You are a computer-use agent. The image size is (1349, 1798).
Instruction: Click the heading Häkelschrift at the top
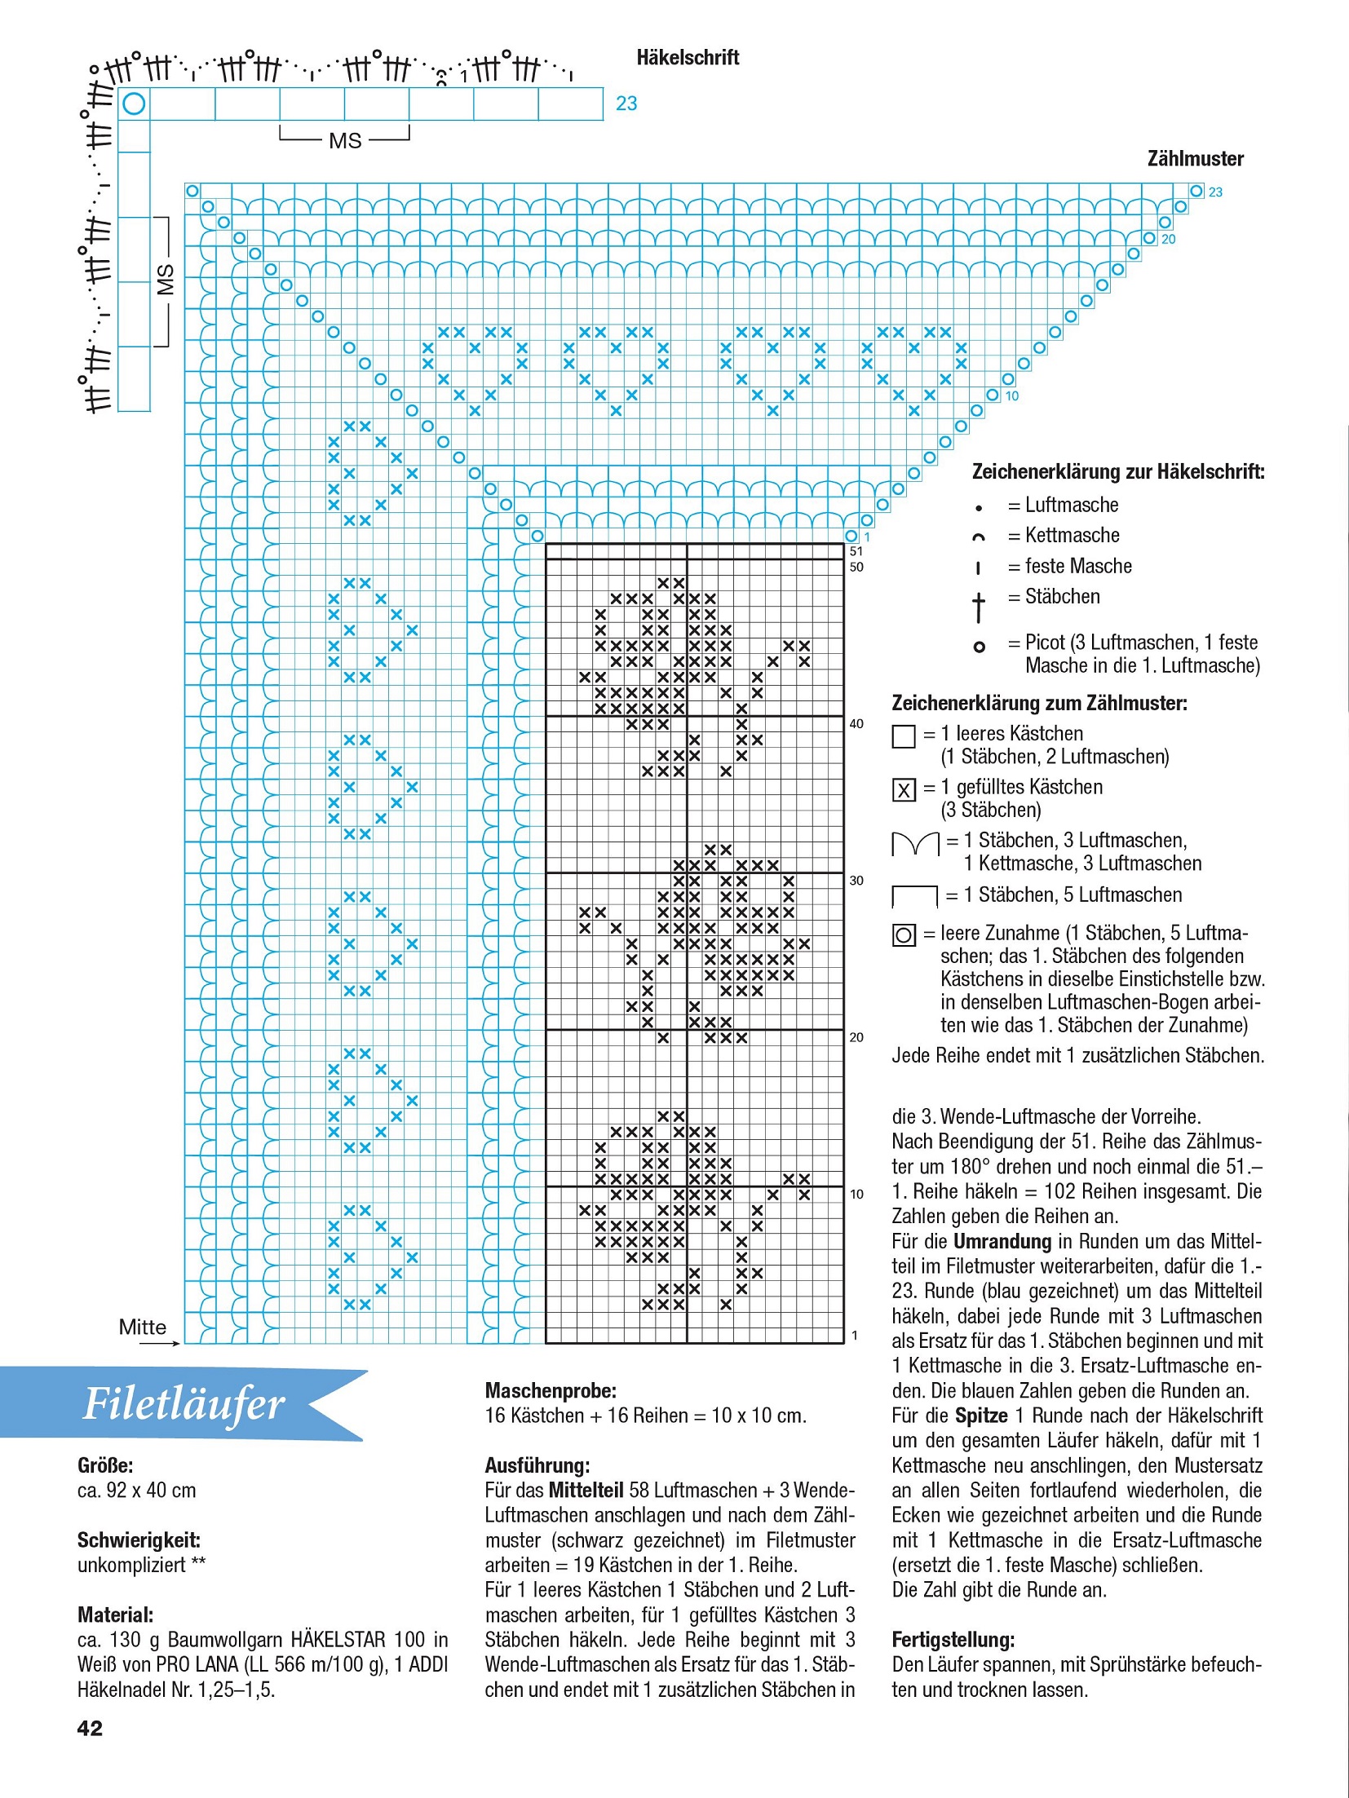pos(688,58)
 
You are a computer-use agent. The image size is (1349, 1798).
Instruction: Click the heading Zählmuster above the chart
pos(1195,159)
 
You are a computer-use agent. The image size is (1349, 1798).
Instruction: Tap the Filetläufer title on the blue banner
pos(184,1404)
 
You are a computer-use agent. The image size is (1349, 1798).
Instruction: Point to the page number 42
pos(90,1728)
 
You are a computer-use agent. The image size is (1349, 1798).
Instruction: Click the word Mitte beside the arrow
pos(143,1327)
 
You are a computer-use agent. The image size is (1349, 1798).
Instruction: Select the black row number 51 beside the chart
pos(856,551)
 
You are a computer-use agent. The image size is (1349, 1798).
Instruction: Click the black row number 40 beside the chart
pos(856,723)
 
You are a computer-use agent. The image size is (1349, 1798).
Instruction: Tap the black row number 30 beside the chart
pos(856,881)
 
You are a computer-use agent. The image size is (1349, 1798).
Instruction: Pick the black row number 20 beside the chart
pos(856,1037)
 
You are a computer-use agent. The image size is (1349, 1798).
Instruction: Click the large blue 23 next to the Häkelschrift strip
pos(626,104)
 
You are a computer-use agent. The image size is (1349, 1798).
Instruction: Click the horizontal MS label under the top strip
pos(345,141)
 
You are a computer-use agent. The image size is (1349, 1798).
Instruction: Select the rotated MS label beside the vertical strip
pos(166,280)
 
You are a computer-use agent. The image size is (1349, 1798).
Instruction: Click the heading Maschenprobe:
pos(551,1390)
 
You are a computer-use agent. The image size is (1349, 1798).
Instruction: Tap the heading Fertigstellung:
pos(953,1640)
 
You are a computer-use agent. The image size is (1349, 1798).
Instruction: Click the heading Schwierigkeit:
pos(139,1540)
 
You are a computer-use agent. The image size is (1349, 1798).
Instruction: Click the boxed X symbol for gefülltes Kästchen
pos(904,790)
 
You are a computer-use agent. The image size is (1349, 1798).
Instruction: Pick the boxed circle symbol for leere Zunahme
pos(904,935)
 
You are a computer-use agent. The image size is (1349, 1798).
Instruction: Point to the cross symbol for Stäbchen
pos(979,607)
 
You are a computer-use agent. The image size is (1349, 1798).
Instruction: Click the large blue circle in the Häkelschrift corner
pos(134,104)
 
